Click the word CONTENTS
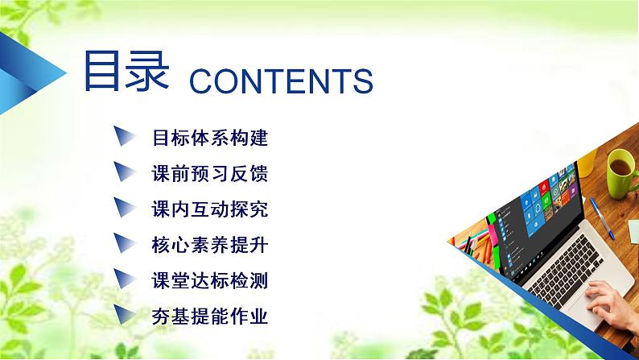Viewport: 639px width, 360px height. click(x=279, y=81)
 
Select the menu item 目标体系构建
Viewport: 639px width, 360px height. click(x=209, y=138)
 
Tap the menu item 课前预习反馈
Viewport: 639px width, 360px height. click(x=209, y=174)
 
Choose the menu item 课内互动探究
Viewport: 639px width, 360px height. click(x=209, y=209)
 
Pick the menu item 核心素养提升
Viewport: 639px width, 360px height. click(x=209, y=245)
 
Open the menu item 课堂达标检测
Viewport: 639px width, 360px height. click(x=209, y=280)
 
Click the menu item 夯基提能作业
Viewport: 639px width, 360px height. click(x=209, y=316)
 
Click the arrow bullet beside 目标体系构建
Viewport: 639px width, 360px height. click(x=124, y=137)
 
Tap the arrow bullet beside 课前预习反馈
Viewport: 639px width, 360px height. click(x=124, y=172)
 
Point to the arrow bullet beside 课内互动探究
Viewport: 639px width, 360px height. click(x=124, y=208)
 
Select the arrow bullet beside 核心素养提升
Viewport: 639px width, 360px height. click(x=124, y=243)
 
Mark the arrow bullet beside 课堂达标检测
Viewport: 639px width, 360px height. click(x=124, y=279)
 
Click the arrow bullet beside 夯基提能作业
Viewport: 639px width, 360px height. click(x=124, y=314)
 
